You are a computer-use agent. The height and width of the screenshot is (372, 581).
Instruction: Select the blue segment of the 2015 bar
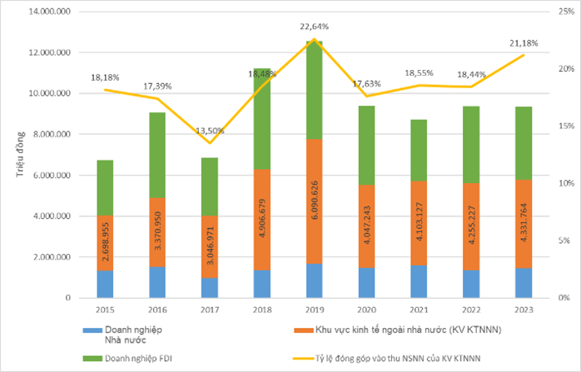coord(105,284)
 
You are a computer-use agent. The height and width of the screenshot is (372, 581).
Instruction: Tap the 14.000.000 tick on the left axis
coord(50,12)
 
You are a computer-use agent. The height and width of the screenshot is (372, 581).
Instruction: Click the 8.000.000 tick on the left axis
coord(52,134)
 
